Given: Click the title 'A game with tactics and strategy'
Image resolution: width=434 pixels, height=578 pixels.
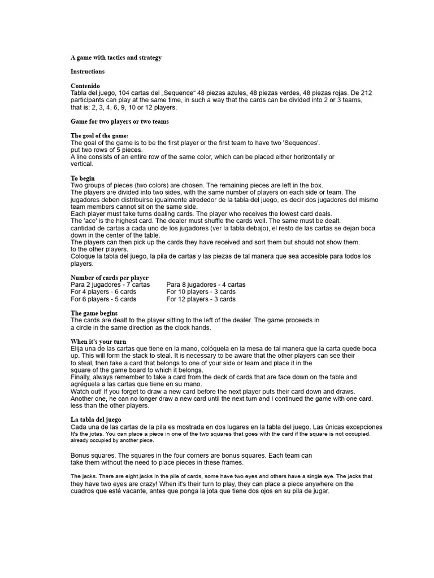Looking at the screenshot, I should [x=116, y=57].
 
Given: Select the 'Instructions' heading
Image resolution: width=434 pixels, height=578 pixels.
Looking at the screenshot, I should [x=88, y=72].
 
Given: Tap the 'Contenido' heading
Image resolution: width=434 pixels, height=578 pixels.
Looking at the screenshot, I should [x=85, y=86].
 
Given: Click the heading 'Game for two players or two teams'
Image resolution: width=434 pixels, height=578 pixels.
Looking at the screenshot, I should [x=120, y=121].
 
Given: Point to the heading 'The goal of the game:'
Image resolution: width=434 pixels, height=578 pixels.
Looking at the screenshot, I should [x=99, y=135].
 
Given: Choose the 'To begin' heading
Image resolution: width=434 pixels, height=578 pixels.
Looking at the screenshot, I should [x=83, y=178].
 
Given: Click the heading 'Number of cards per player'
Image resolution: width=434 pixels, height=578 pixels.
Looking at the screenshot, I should [x=110, y=278].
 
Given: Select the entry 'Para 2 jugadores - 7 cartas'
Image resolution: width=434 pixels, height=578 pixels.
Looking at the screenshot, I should [x=110, y=285].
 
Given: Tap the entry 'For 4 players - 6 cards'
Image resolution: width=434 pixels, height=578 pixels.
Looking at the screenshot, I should [x=103, y=292].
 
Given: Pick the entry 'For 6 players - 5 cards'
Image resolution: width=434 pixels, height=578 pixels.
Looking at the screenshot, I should [x=103, y=300].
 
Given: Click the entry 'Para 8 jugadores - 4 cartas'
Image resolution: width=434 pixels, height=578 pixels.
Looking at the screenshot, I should [x=206, y=285].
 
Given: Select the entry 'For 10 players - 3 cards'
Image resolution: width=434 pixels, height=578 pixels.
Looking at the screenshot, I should [x=201, y=292].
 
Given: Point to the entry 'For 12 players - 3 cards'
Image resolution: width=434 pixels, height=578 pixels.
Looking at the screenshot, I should [x=201, y=300].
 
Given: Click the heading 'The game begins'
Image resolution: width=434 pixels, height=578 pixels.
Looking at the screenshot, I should [x=94, y=313].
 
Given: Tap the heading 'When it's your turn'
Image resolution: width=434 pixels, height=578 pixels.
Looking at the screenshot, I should [x=98, y=341].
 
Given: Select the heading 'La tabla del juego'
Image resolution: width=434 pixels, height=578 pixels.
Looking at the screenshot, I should [x=96, y=419].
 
